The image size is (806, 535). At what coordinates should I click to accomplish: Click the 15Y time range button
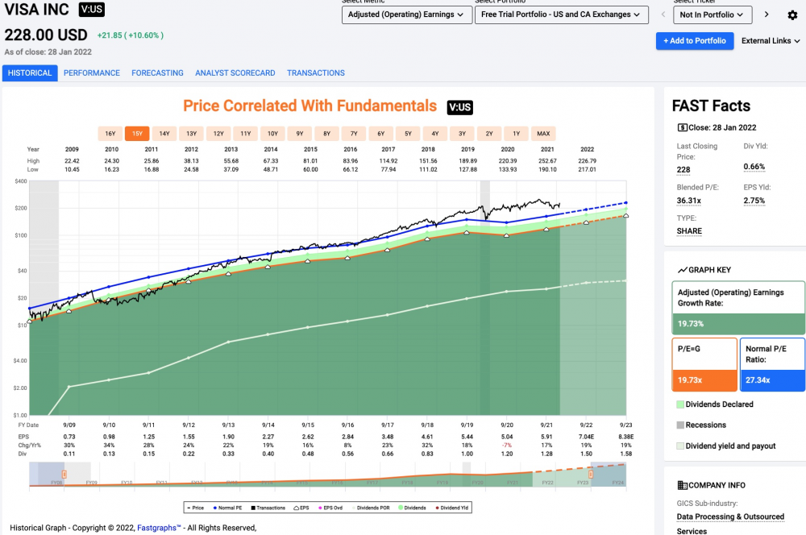[137, 134]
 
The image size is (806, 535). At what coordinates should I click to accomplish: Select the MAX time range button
[543, 134]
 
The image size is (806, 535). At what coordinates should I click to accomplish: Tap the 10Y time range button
[272, 134]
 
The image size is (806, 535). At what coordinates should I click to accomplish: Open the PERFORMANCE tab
[92, 73]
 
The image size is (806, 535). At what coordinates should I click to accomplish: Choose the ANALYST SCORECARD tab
[235, 73]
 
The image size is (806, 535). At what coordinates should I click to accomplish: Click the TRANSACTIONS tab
[316, 73]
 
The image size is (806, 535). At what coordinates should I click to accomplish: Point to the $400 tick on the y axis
[20, 181]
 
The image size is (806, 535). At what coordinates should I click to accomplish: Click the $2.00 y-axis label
[19, 388]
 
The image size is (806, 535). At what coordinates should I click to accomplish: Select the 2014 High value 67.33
[270, 161]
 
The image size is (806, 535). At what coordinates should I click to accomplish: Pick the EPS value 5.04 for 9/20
[507, 435]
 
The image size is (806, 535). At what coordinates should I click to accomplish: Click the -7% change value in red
[507, 444]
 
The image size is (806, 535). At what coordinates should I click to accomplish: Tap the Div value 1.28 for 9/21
[546, 453]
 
